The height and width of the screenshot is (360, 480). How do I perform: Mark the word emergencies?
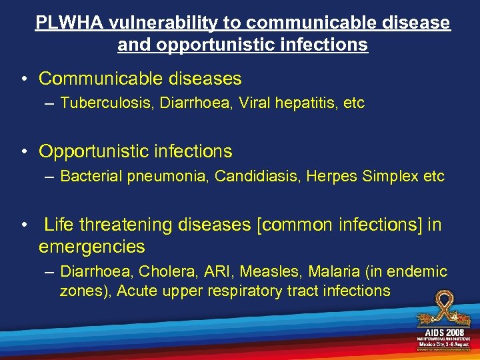91,247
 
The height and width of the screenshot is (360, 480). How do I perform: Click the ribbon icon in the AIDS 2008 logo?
443,309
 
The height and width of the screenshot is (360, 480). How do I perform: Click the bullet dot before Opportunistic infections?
24,152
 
